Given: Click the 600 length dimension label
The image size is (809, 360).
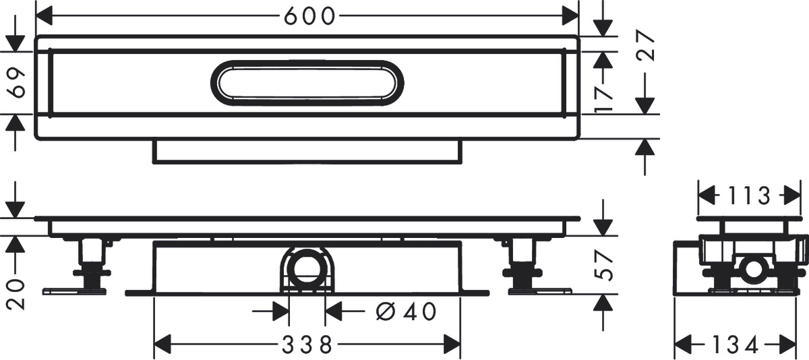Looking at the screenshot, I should coord(309,16).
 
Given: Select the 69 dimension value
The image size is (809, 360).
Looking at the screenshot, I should coord(18,82).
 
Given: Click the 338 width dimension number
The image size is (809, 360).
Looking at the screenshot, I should coord(307,346).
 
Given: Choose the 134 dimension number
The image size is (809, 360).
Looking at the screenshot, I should coord(736,345).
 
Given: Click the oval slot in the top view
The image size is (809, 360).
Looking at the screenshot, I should coord(307,83).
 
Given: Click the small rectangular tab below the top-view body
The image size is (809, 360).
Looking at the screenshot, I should coord(307,151).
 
